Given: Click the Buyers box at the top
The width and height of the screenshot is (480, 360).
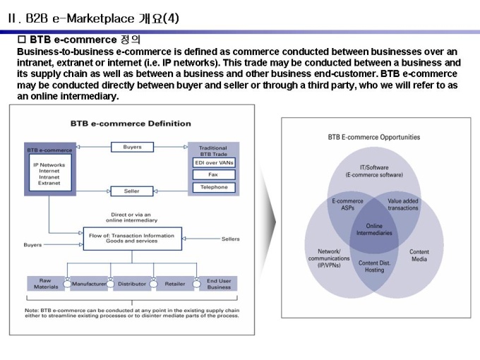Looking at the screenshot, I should click(132, 147).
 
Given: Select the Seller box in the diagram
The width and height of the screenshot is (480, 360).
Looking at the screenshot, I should click(132, 191).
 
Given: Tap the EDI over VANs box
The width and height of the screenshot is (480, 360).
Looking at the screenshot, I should click(214, 162).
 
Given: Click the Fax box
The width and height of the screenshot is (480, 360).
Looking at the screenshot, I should click(214, 174).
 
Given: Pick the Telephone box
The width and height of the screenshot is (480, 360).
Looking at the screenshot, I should click(214, 187).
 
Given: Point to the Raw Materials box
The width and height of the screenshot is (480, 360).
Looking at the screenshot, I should click(47, 284).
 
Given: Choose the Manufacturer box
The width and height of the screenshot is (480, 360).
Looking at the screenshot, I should click(89, 284).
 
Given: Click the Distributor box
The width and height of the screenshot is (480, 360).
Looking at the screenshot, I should click(132, 284).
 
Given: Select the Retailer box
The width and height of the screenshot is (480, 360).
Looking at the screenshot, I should click(174, 284).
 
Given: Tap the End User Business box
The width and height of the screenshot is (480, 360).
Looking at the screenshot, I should click(219, 284).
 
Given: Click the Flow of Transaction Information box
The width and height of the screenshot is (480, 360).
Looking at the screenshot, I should click(133, 238).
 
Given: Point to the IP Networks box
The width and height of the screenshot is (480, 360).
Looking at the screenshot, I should click(49, 174).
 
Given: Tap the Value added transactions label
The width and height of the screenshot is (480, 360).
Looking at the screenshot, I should click(403, 205).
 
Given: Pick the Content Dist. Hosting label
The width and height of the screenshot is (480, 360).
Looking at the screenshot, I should click(374, 266).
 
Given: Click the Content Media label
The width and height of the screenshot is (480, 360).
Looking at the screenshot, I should click(419, 255).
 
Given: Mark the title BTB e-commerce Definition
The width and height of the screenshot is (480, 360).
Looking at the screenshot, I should click(131, 124).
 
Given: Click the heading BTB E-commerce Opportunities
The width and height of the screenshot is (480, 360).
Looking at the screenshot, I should click(375, 137).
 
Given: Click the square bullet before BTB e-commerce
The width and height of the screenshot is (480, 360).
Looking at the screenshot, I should click(21, 40).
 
